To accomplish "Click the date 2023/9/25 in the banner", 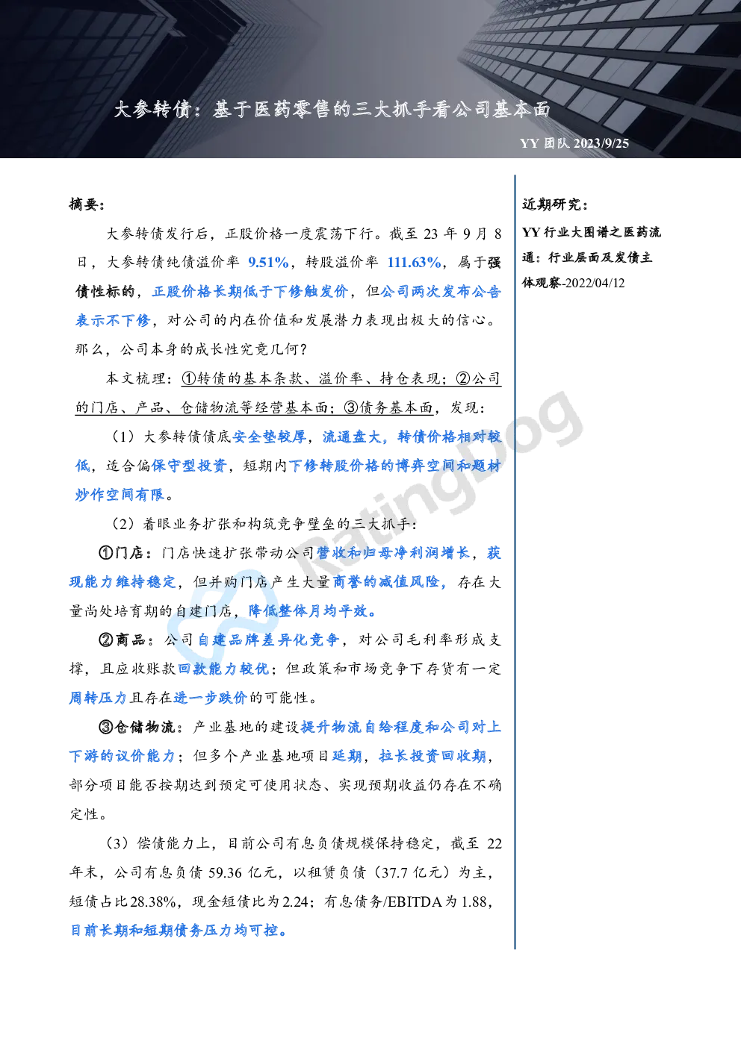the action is (x=601, y=143).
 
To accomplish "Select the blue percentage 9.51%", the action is (x=268, y=262).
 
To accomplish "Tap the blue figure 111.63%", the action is (x=414, y=262).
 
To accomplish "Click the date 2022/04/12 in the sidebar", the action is (x=595, y=283).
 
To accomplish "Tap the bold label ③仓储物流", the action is (x=137, y=727).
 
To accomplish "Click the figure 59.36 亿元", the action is (x=242, y=872).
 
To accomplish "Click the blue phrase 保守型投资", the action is (x=189, y=466).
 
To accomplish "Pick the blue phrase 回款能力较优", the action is (x=223, y=669).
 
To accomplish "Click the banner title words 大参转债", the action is (x=152, y=110).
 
